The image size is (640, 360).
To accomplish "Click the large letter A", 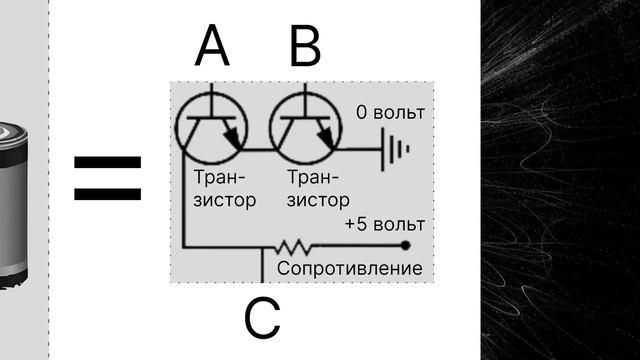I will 211,45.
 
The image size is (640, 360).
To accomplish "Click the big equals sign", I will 108,178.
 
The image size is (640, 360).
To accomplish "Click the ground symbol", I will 396,150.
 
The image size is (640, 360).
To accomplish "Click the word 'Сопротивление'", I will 350,269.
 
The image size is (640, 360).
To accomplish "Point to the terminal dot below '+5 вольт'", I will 404,245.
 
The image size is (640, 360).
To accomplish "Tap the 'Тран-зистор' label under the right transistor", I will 317,190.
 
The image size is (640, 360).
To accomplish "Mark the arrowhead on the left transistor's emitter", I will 236,141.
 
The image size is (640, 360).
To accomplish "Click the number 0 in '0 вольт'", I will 362,112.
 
